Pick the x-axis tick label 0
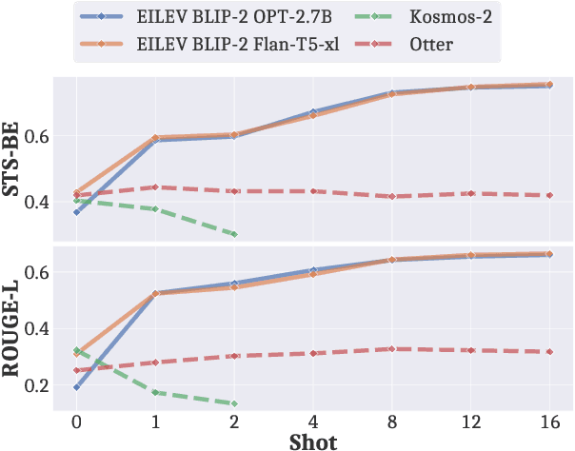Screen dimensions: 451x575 76,420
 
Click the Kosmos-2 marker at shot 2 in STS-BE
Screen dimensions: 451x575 234,234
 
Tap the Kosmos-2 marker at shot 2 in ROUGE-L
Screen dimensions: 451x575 234,403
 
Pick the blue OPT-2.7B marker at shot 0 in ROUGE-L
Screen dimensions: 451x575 76,387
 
